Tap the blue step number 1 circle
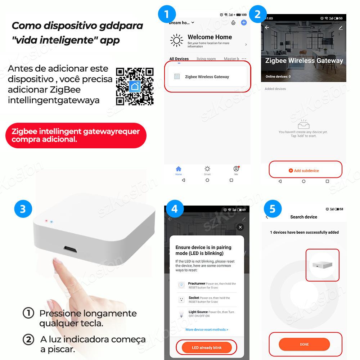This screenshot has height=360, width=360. [167, 15]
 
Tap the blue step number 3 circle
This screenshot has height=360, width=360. [23, 209]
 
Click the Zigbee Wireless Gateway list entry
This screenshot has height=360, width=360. [206, 77]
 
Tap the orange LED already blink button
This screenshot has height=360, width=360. [207, 347]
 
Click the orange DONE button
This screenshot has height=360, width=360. [304, 344]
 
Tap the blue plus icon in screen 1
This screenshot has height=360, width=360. [244, 22]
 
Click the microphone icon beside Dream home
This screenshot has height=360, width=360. [233, 23]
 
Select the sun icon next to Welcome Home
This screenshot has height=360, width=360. [176, 40]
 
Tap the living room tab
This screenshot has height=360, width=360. [206, 59]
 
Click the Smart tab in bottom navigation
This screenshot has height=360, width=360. [207, 170]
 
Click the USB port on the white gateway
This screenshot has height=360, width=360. [71, 248]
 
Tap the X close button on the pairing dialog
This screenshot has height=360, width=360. [240, 227]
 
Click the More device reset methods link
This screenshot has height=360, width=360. [207, 329]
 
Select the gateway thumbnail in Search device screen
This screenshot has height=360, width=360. [323, 265]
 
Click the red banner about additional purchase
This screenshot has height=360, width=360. [76, 135]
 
